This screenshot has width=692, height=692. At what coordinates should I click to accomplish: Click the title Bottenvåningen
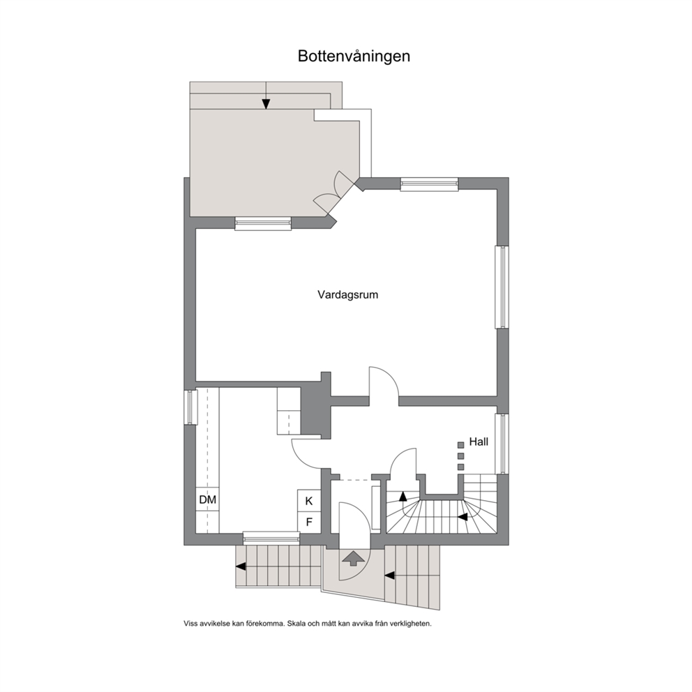click(x=354, y=57)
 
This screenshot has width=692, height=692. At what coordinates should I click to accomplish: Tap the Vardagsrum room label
click(x=348, y=295)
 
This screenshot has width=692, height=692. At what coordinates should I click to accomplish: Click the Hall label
click(x=479, y=442)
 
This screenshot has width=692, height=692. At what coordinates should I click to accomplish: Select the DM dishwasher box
click(x=207, y=499)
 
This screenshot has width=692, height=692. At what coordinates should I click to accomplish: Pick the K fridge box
click(x=309, y=501)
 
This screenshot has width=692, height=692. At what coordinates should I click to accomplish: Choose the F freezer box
click(x=309, y=522)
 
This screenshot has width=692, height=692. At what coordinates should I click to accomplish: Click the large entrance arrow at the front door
click(x=353, y=559)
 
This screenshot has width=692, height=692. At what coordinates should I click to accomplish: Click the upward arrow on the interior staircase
click(x=403, y=496)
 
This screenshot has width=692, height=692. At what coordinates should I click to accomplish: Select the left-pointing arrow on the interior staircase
click(x=463, y=517)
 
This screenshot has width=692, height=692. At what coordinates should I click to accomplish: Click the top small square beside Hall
click(x=460, y=445)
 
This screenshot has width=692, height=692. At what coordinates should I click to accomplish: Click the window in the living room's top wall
click(x=429, y=184)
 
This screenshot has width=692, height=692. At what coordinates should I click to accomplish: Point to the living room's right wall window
click(x=502, y=287)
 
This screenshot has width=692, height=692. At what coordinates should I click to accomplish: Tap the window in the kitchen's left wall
click(x=190, y=407)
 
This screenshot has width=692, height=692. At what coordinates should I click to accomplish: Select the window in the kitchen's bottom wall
click(x=271, y=538)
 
